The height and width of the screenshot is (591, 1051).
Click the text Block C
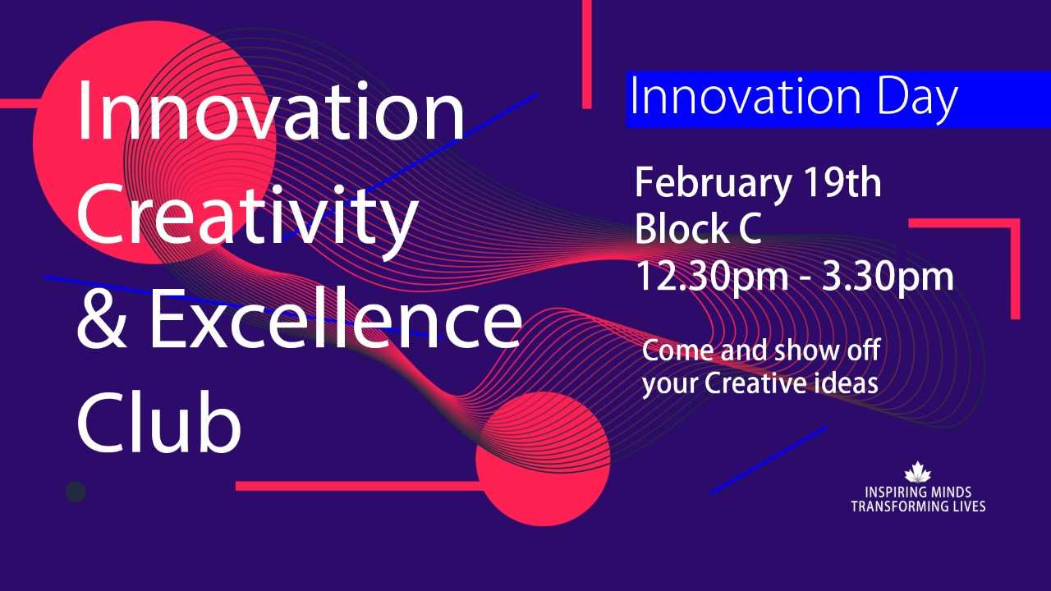(x=698, y=230)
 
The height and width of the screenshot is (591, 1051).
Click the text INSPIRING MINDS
(x=918, y=492)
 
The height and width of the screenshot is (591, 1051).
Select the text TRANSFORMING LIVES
(x=918, y=506)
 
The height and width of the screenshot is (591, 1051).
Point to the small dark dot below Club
(x=76, y=491)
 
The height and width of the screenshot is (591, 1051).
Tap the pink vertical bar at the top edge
(x=586, y=53)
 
